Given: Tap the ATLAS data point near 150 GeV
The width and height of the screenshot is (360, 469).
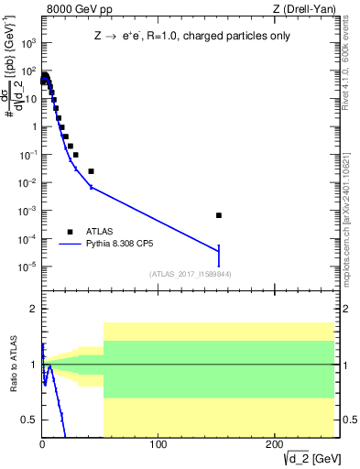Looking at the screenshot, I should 219,215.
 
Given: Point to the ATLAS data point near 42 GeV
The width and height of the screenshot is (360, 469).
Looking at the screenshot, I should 91,171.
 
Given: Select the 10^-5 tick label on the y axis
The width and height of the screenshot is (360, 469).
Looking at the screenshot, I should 29,267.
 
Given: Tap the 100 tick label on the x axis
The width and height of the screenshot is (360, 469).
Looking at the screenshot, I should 158,445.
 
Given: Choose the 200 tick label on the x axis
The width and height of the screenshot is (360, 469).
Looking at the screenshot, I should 274,445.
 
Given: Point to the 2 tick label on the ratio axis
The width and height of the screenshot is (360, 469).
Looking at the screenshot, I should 33,310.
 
